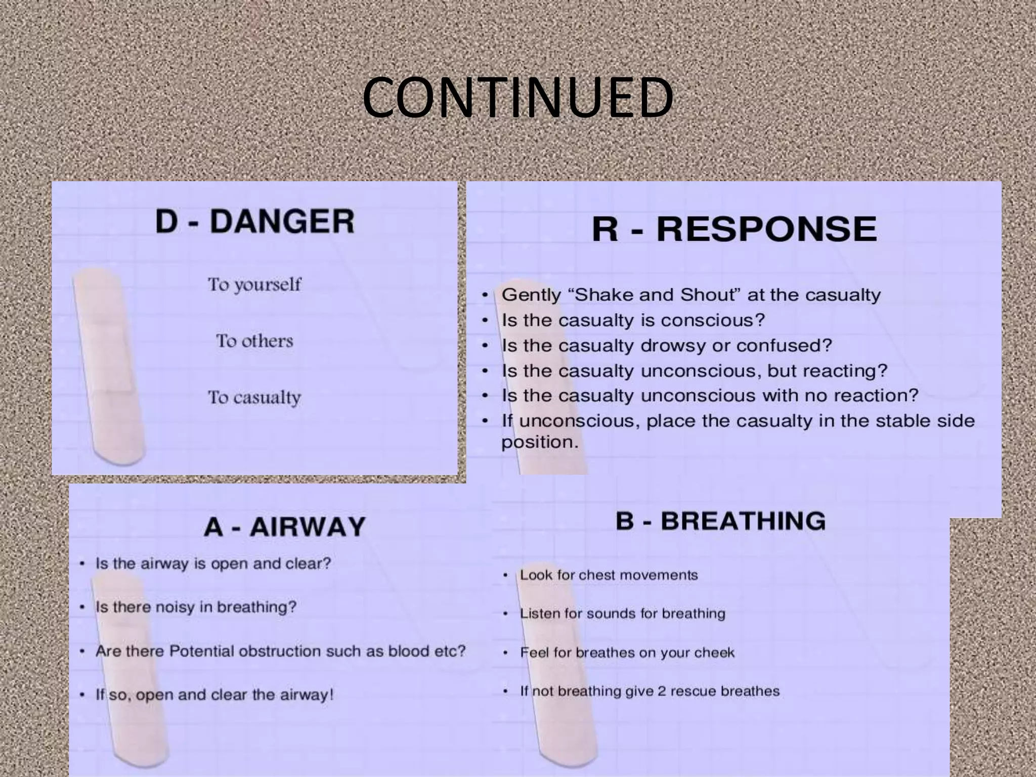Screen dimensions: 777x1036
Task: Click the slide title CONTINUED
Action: click(517, 97)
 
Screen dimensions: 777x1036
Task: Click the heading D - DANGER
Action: click(254, 222)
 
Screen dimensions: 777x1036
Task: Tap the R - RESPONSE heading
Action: click(734, 229)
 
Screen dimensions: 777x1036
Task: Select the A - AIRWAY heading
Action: click(284, 527)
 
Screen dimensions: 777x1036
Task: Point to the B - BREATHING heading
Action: click(720, 521)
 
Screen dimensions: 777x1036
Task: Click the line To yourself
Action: click(254, 285)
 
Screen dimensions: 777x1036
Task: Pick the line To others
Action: click(254, 341)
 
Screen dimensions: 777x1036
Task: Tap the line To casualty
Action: click(254, 398)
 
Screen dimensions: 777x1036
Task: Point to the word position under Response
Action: click(539, 443)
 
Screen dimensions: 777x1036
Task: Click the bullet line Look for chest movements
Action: click(609, 575)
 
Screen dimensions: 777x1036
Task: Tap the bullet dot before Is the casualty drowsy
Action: click(485, 346)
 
